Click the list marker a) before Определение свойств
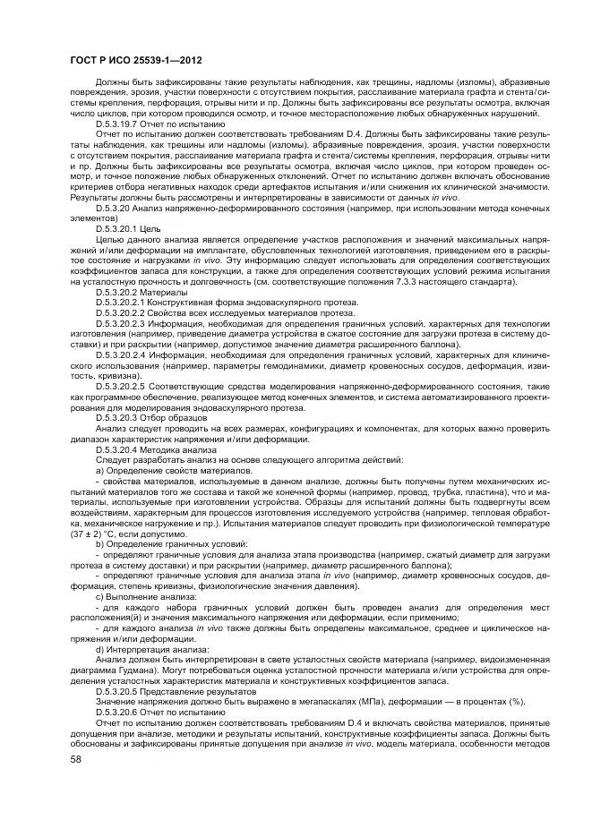[100, 469]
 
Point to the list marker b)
[100, 542]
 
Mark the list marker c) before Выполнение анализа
[100, 594]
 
